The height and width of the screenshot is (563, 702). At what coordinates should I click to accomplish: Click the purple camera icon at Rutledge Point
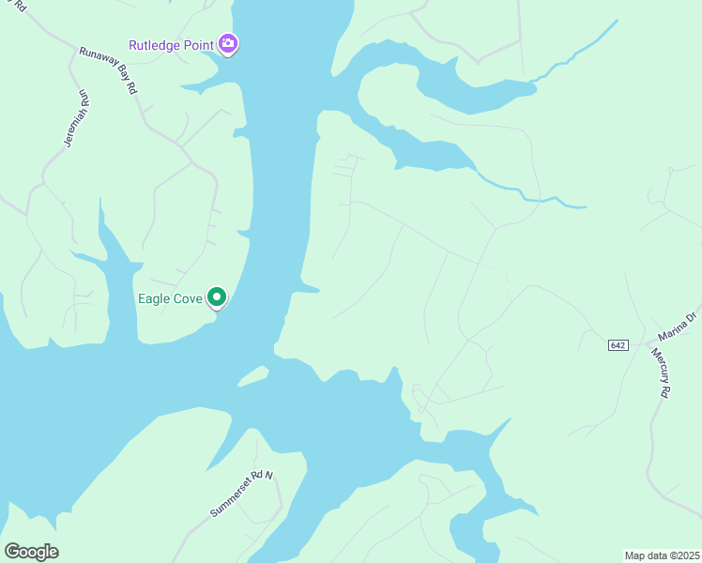[228, 44]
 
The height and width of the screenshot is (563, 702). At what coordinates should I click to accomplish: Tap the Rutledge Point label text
[172, 45]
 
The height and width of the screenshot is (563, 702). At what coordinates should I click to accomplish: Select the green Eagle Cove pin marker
[217, 297]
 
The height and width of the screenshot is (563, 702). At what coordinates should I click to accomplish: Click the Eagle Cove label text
[170, 298]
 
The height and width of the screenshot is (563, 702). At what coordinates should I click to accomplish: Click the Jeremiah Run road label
[76, 119]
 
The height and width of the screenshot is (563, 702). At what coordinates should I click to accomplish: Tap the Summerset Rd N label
[241, 494]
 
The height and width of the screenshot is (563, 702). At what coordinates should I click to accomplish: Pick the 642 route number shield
[618, 345]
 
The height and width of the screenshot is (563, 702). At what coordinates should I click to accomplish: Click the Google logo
[31, 552]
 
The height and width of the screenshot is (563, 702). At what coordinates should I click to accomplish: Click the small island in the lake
[253, 375]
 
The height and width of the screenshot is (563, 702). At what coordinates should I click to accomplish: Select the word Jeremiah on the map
[73, 125]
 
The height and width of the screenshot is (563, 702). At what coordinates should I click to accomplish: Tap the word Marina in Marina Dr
[673, 330]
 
